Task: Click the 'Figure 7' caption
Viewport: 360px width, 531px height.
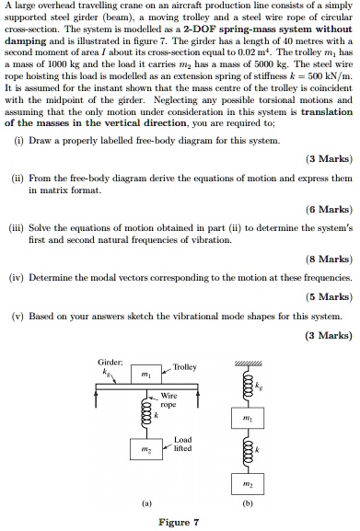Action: [179, 522]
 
